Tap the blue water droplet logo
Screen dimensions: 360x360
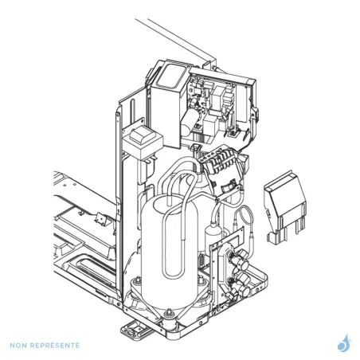[x=344, y=343]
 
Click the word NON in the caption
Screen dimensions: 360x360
[x=18, y=346]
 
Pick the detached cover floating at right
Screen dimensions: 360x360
[x=286, y=207]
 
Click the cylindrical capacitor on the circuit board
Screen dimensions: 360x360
[x=189, y=123]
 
